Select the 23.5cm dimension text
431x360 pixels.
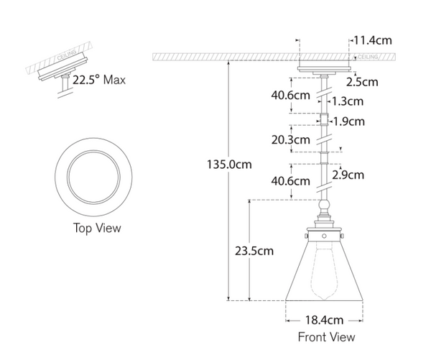[254, 251]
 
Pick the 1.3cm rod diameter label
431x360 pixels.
[349, 101]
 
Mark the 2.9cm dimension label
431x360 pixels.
[348, 175]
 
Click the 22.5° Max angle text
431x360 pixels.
[101, 79]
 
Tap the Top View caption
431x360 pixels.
[97, 229]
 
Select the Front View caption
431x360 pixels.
[326, 336]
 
